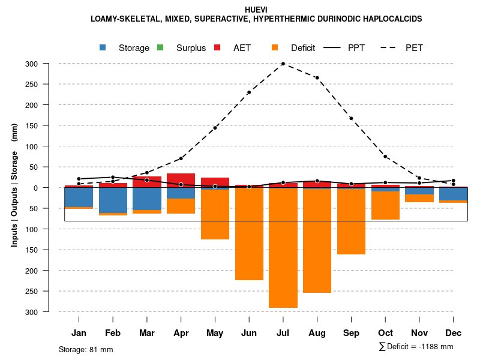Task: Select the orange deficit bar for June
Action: [249, 234]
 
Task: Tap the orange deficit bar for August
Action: [317, 241]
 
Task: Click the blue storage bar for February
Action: [113, 200]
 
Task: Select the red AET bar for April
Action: [181, 180]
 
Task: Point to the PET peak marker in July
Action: [283, 64]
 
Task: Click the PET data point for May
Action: [215, 128]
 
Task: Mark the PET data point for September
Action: [351, 118]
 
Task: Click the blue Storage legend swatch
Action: [103, 48]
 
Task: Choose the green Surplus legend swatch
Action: [160, 48]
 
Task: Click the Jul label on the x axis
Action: [283, 333]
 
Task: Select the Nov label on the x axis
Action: [419, 333]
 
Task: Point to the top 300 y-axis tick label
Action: [49, 64]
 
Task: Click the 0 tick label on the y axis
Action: [52, 188]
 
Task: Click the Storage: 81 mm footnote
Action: [86, 349]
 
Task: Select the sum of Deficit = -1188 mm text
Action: [416, 346]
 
